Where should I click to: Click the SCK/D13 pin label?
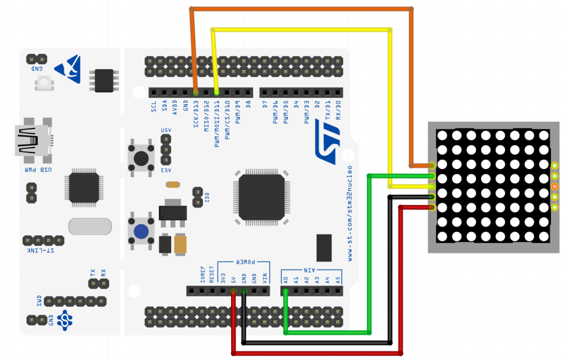(196, 115)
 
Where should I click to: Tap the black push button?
(140, 157)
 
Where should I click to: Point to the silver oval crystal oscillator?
(90, 226)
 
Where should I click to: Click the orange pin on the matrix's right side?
(555, 187)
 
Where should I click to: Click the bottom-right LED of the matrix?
(543, 237)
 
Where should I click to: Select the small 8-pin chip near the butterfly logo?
(104, 80)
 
